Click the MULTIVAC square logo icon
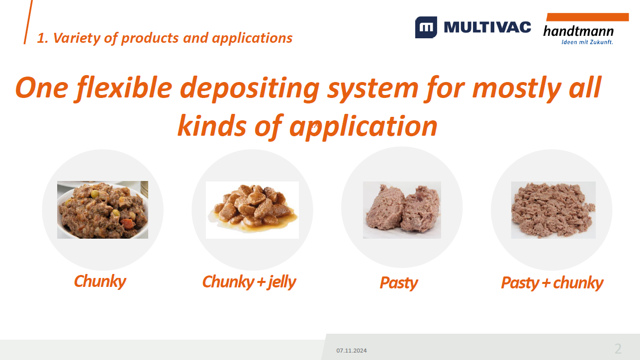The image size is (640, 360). pyautogui.click(x=426, y=27)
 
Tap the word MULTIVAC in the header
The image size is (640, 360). pyautogui.click(x=487, y=27)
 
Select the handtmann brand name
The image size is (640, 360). pyautogui.click(x=578, y=31)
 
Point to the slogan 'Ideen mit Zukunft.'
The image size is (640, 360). pyautogui.click(x=587, y=42)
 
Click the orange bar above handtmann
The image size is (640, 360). pyautogui.click(x=587, y=17)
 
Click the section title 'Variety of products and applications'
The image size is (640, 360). pyautogui.click(x=173, y=38)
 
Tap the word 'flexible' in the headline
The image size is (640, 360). pyautogui.click(x=124, y=88)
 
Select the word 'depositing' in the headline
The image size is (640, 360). pyautogui.click(x=250, y=89)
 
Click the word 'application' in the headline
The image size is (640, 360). pyautogui.click(x=363, y=127)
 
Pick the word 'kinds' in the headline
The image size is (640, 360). pyautogui.click(x=212, y=126)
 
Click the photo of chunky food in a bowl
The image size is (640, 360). pyautogui.click(x=102, y=210)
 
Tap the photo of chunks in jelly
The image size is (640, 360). pyautogui.click(x=252, y=210)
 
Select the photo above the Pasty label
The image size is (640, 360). pyautogui.click(x=402, y=210)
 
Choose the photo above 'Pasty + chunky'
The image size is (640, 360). pyautogui.click(x=553, y=210)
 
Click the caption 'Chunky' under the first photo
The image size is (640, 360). pyautogui.click(x=100, y=282)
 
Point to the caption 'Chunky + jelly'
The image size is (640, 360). pyautogui.click(x=249, y=282)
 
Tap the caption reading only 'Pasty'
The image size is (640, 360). pyautogui.click(x=399, y=283)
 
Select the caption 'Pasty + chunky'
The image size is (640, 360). pyautogui.click(x=552, y=283)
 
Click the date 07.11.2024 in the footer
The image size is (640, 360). pyautogui.click(x=352, y=351)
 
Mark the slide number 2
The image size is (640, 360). pyautogui.click(x=618, y=349)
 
